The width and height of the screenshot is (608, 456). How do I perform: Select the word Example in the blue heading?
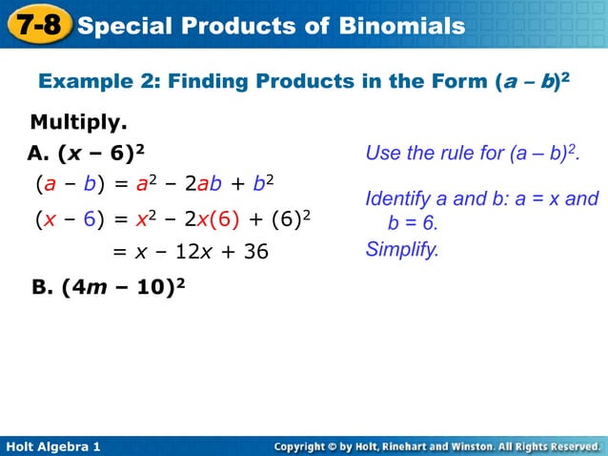coord(81,82)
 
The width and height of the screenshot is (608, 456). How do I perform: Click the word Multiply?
coord(79,123)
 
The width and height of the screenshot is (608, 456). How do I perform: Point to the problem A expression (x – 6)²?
coord(102,153)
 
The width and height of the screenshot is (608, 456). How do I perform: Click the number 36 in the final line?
coord(251,252)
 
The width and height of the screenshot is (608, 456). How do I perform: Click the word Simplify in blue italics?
coord(402,250)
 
